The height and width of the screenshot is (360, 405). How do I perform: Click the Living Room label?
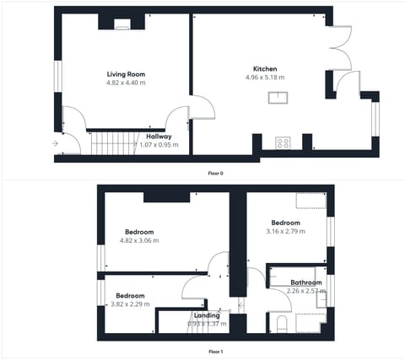126,74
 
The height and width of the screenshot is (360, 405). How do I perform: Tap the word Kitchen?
265,68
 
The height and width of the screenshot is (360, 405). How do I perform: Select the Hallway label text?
159,136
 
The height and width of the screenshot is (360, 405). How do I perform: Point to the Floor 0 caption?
216,174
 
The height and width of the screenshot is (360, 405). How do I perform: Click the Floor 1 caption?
216,351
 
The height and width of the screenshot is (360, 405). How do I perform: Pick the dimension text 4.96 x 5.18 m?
265,77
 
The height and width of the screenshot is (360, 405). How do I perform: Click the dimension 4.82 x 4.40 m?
126,83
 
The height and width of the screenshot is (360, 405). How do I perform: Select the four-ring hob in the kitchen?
283,142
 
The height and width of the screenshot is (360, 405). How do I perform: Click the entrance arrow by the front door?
56,144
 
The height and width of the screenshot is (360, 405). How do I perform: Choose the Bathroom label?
305,282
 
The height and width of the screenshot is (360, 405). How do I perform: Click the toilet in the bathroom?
282,324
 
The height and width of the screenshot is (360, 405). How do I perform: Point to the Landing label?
207,315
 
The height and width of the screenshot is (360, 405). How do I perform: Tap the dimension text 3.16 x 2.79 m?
286,231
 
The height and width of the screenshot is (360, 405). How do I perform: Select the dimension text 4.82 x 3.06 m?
139,240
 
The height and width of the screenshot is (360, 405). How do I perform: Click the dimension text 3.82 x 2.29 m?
130,304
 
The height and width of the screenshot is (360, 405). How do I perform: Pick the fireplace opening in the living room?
124,27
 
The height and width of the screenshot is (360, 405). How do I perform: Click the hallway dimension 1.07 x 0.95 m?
159,144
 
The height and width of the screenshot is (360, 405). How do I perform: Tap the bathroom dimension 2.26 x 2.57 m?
305,291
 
